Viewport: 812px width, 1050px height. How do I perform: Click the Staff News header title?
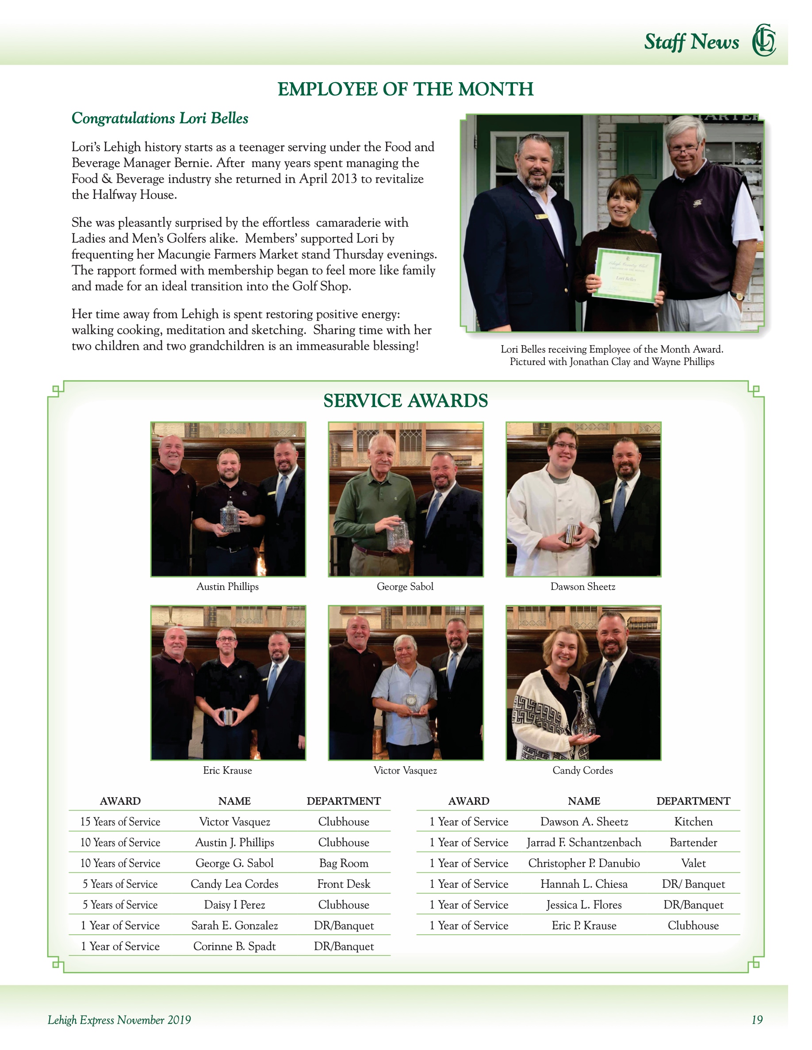pos(691,42)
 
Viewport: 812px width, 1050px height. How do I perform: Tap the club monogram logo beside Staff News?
pos(764,40)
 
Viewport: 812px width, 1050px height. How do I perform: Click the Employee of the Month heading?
pos(406,89)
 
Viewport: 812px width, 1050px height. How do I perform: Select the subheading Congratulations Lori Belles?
pos(160,118)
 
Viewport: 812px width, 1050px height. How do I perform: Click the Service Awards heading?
pos(406,400)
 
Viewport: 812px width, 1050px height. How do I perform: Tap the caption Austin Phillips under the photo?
pos(227,586)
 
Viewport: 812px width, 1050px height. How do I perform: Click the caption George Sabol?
pos(405,586)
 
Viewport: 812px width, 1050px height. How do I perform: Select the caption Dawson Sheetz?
pos(582,586)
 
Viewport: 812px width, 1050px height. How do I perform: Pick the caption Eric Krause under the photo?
pos(227,770)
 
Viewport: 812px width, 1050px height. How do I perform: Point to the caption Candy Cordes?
pos(582,770)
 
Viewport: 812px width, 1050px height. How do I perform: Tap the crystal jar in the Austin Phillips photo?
pos(230,517)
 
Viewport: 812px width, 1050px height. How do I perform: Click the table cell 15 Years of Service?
pos(120,822)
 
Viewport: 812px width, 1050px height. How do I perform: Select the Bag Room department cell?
pos(344,863)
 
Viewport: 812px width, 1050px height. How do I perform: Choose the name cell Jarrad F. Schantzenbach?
pos(584,842)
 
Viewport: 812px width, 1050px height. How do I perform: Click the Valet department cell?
pos(693,863)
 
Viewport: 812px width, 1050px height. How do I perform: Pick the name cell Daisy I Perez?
pos(234,904)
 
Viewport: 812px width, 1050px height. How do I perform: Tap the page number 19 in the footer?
pos(757,1020)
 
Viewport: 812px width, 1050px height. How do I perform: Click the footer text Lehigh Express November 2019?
pos(119,1020)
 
